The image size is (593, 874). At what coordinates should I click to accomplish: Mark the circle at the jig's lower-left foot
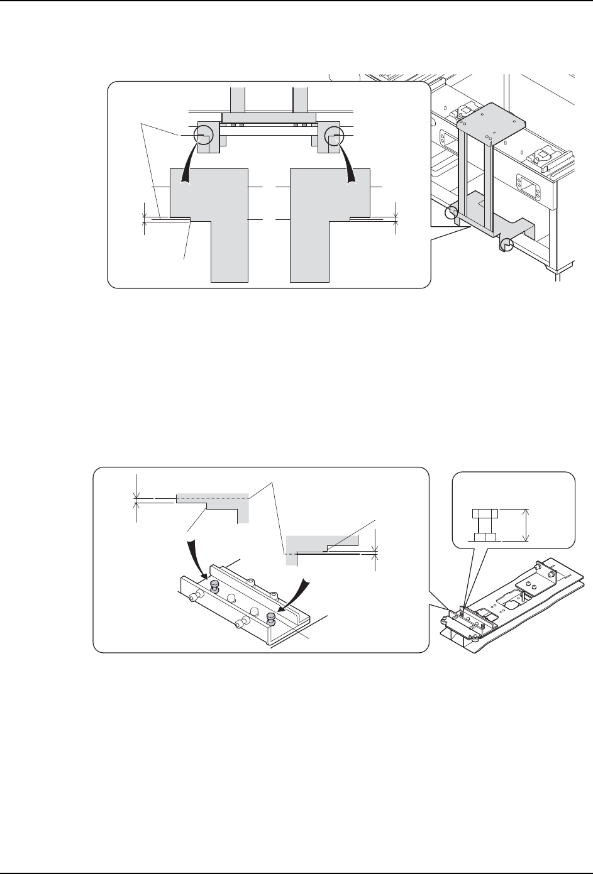point(450,213)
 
